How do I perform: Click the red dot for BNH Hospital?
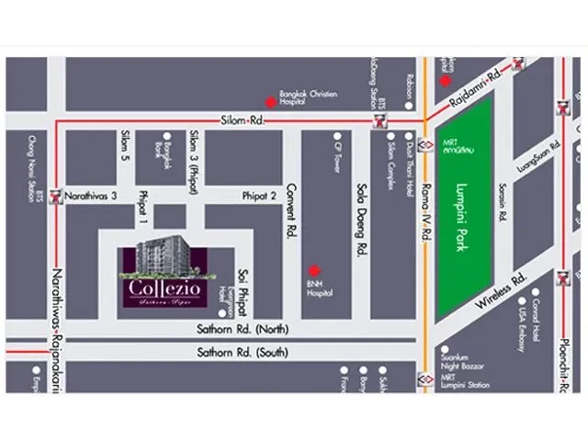pyautogui.click(x=314, y=270)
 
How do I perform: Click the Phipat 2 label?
pyautogui.click(x=259, y=195)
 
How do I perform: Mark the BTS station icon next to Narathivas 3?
pyautogui.click(x=57, y=196)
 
